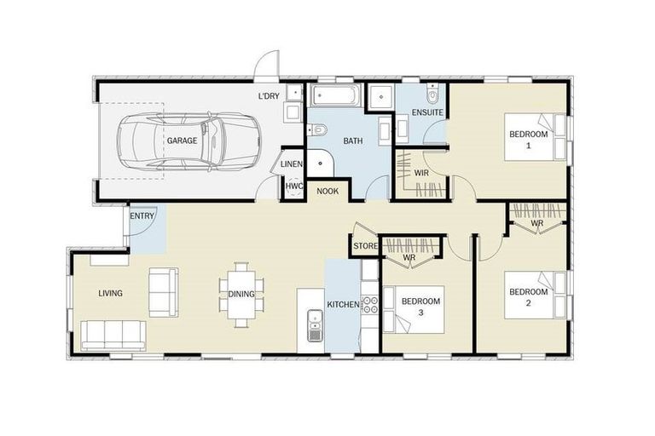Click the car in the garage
click(x=188, y=140)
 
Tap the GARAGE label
click(x=182, y=141)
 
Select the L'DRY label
click(x=269, y=96)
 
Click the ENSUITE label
click(x=426, y=112)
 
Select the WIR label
click(x=421, y=173)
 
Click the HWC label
click(x=293, y=185)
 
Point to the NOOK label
click(x=327, y=191)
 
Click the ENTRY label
click(x=142, y=216)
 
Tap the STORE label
click(x=364, y=248)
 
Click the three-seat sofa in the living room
click(x=113, y=334)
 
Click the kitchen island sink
click(x=315, y=326)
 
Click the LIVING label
click(x=110, y=294)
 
